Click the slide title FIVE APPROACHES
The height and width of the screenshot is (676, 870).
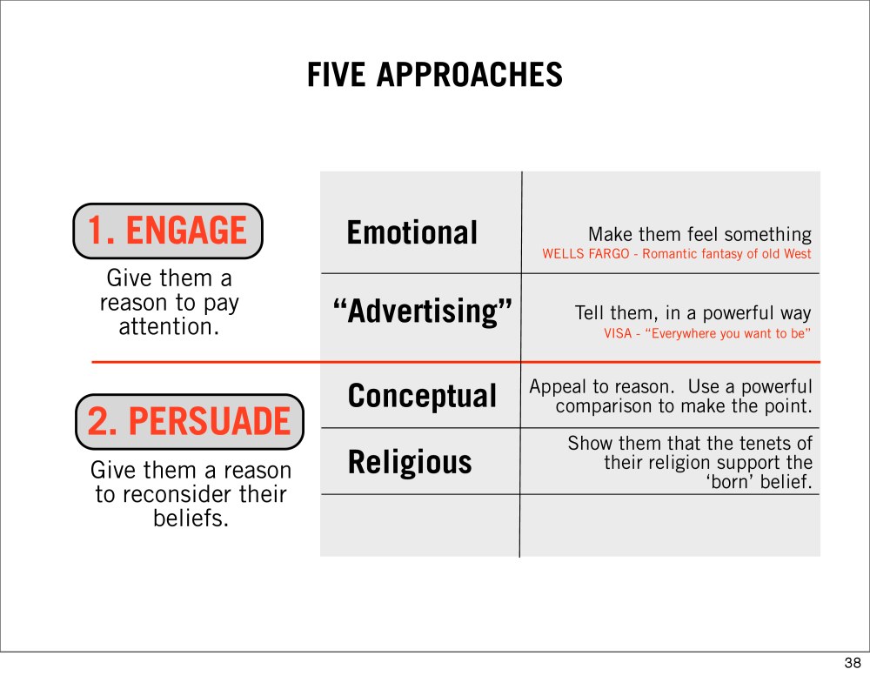(x=435, y=75)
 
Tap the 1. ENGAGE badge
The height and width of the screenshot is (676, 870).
(x=168, y=231)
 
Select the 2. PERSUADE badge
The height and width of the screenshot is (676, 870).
(x=189, y=422)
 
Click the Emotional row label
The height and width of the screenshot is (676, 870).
(x=412, y=232)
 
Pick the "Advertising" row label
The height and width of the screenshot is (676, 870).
(x=422, y=311)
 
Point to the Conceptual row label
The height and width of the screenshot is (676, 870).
(x=422, y=397)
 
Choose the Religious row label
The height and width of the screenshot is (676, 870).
(x=410, y=462)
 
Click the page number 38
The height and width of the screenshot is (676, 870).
(x=853, y=663)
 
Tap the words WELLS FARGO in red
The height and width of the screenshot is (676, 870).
(x=586, y=254)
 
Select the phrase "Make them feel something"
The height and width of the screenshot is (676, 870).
(x=699, y=235)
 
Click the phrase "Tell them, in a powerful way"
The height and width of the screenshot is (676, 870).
(x=693, y=313)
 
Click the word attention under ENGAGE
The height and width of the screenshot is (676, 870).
(x=170, y=327)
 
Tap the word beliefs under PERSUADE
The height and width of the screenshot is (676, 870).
(x=191, y=519)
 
